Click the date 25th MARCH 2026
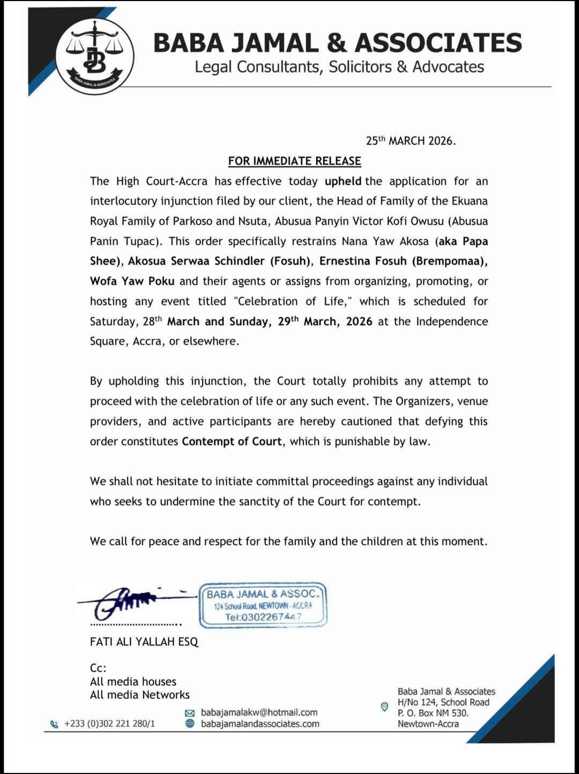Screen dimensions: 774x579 point(411,141)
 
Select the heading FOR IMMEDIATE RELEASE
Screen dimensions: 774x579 point(294,161)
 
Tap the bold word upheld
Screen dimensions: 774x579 point(343,181)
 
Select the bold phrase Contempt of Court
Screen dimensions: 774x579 point(232,441)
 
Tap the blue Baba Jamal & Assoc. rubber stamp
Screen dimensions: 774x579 point(263,605)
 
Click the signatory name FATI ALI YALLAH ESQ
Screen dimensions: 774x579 point(144,642)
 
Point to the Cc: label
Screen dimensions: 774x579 point(98,668)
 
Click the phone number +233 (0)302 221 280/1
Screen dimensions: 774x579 point(109,724)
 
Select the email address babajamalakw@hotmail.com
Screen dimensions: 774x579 point(259,712)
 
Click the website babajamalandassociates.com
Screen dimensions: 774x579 point(260,724)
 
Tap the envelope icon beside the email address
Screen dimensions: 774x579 point(189,713)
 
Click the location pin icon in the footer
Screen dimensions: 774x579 point(384,707)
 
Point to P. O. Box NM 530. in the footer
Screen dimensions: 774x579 point(433,713)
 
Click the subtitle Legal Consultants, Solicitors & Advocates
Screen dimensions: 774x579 point(339,67)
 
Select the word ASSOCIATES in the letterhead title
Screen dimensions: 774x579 point(438,43)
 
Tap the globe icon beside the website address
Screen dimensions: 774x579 point(189,724)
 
